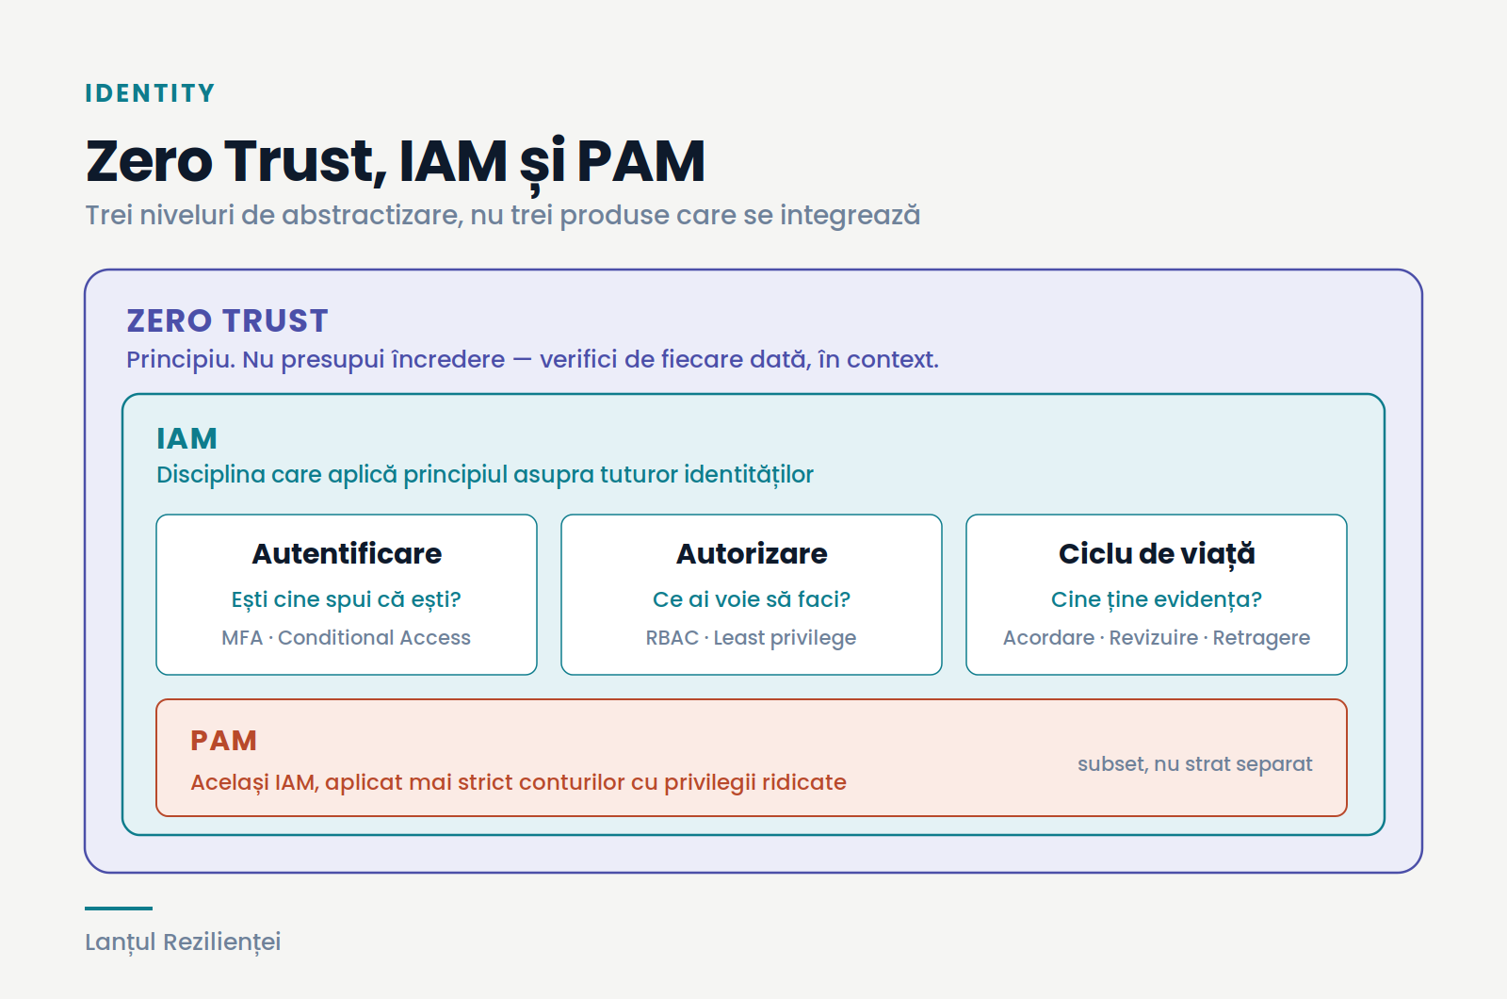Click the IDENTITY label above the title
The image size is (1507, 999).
point(150,93)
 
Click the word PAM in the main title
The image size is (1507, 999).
point(640,161)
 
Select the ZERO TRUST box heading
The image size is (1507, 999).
point(227,320)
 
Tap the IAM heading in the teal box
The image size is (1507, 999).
point(186,439)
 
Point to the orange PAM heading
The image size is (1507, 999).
point(223,741)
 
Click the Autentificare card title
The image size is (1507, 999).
point(347,553)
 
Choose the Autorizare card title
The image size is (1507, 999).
point(752,553)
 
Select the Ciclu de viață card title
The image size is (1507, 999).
point(1157,555)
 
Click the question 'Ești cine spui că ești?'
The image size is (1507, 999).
point(347,599)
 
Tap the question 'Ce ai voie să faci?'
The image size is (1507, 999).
point(752,599)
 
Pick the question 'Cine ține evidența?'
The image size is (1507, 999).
point(1157,599)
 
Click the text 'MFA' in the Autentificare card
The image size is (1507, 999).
point(242,637)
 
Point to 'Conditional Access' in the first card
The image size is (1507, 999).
point(374,637)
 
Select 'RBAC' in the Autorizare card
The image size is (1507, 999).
point(672,637)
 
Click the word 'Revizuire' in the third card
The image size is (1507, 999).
point(1154,637)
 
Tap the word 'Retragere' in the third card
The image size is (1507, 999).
point(1261,638)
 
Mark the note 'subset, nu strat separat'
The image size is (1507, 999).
point(1195,764)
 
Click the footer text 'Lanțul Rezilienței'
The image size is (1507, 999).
point(183,942)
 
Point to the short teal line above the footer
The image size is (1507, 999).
point(119,909)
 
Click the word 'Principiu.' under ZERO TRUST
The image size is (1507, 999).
point(181,360)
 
